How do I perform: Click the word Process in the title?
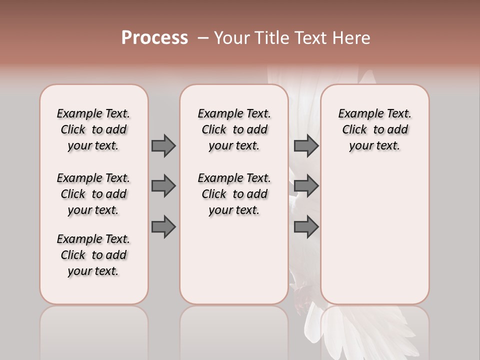[x=154, y=38]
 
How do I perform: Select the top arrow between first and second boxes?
[x=163, y=145]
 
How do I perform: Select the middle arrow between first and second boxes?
[x=163, y=186]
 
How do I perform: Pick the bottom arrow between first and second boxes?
[x=163, y=227]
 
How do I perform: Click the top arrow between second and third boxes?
[x=306, y=145]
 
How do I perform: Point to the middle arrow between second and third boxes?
[x=306, y=186]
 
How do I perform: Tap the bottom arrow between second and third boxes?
[x=306, y=227]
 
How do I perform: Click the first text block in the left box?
[x=93, y=129]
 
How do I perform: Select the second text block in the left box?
[x=93, y=194]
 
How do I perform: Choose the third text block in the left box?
[x=93, y=255]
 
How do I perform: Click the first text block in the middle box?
[x=234, y=129]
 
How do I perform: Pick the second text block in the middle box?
[x=234, y=194]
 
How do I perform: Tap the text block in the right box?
[x=375, y=129]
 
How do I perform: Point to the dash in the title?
[x=202, y=38]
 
